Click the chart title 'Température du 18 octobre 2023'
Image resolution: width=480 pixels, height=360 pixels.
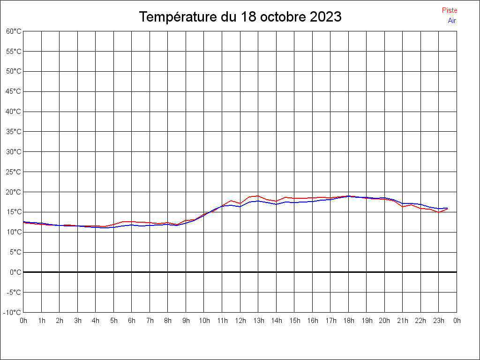coord(240,17)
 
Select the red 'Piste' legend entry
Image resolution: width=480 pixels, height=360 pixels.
coord(449,10)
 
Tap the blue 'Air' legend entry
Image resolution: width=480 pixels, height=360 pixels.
coord(452,20)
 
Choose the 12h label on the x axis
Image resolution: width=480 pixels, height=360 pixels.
coord(240,321)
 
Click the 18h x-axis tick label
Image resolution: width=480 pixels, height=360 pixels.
coord(348,321)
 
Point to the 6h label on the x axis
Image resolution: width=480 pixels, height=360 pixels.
coord(132,321)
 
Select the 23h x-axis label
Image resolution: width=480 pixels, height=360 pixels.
coord(439,321)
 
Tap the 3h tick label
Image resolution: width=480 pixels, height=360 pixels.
coord(77,321)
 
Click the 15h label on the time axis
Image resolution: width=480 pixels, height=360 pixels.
coord(294,321)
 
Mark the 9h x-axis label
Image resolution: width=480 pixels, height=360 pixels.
coord(186,321)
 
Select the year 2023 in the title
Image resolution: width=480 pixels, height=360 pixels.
coord(325,17)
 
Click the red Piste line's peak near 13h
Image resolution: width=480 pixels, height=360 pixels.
coord(258,195)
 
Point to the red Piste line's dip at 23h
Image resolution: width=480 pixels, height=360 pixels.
coord(439,212)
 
